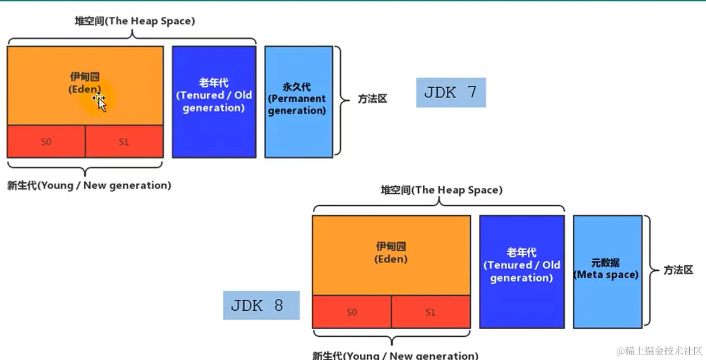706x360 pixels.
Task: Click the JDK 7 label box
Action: click(451, 93)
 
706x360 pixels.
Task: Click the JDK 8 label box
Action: click(261, 305)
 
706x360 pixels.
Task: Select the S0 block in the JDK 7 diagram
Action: click(46, 142)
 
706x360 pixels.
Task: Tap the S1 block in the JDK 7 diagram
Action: click(124, 142)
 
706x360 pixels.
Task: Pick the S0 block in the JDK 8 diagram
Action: click(352, 312)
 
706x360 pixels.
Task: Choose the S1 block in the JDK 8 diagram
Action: click(431, 312)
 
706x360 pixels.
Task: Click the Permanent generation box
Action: click(298, 102)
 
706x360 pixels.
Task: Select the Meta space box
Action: click(607, 271)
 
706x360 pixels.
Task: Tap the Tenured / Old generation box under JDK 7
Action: click(214, 102)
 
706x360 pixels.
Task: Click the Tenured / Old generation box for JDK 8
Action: click(522, 271)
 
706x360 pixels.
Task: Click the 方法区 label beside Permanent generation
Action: click(372, 100)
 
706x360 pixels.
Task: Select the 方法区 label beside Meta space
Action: click(678, 270)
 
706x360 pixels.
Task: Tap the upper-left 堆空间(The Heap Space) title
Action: click(135, 22)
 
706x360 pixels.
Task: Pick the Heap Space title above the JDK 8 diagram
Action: click(441, 190)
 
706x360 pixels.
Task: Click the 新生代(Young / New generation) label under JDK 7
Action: click(89, 186)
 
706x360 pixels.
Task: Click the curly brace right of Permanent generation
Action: click(340, 100)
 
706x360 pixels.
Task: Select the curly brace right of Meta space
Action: click(649, 271)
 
